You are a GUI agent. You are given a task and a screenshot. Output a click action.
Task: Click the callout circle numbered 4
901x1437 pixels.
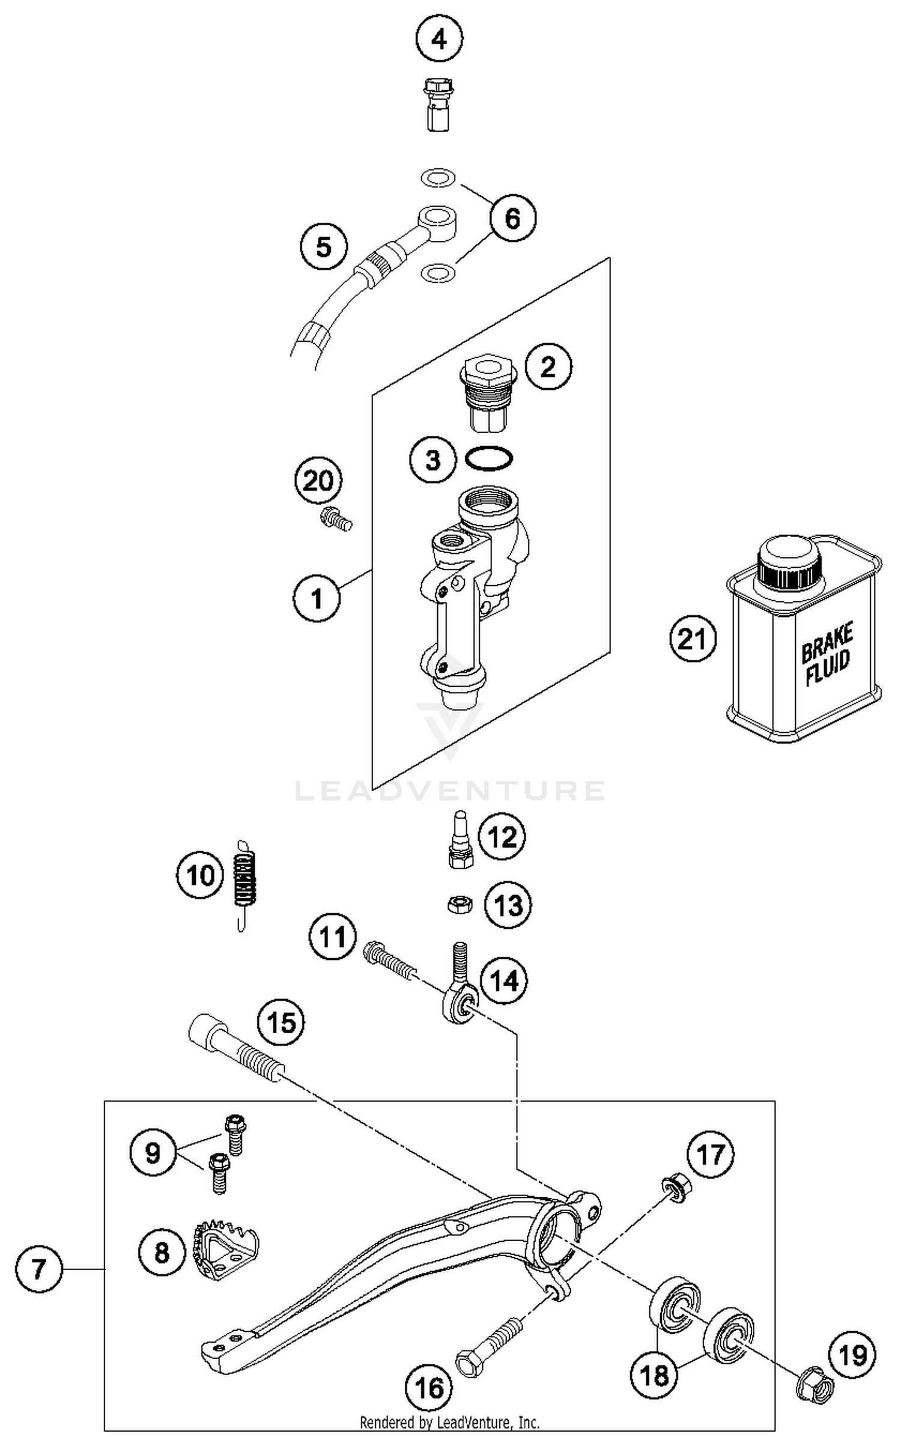click(439, 40)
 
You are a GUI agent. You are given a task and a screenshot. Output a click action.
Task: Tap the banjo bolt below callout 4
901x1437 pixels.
click(438, 104)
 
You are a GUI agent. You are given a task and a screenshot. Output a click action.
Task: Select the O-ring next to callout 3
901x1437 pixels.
click(488, 460)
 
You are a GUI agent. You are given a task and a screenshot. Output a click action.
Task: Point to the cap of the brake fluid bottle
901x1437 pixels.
click(789, 563)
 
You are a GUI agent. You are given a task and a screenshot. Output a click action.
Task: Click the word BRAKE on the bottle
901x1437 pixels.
click(827, 644)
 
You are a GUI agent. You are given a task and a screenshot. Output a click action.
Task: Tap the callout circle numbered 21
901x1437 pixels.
click(693, 639)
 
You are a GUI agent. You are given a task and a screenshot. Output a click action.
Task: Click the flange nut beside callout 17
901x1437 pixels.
click(676, 1188)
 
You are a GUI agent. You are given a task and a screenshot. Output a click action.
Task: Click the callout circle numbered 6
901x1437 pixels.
click(512, 218)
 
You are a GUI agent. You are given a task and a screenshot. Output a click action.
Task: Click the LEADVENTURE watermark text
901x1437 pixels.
click(450, 791)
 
